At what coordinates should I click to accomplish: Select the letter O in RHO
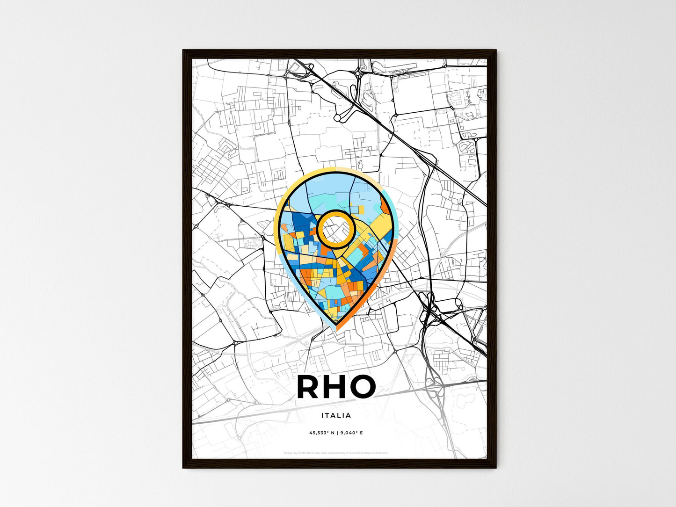click(363, 387)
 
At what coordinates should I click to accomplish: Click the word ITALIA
click(336, 415)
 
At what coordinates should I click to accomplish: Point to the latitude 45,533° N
click(321, 433)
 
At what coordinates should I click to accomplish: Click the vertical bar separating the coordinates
click(337, 433)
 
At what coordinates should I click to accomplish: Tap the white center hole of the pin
click(335, 229)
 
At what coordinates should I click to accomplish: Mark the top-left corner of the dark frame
click(183, 51)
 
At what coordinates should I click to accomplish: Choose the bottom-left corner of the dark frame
click(183, 468)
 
